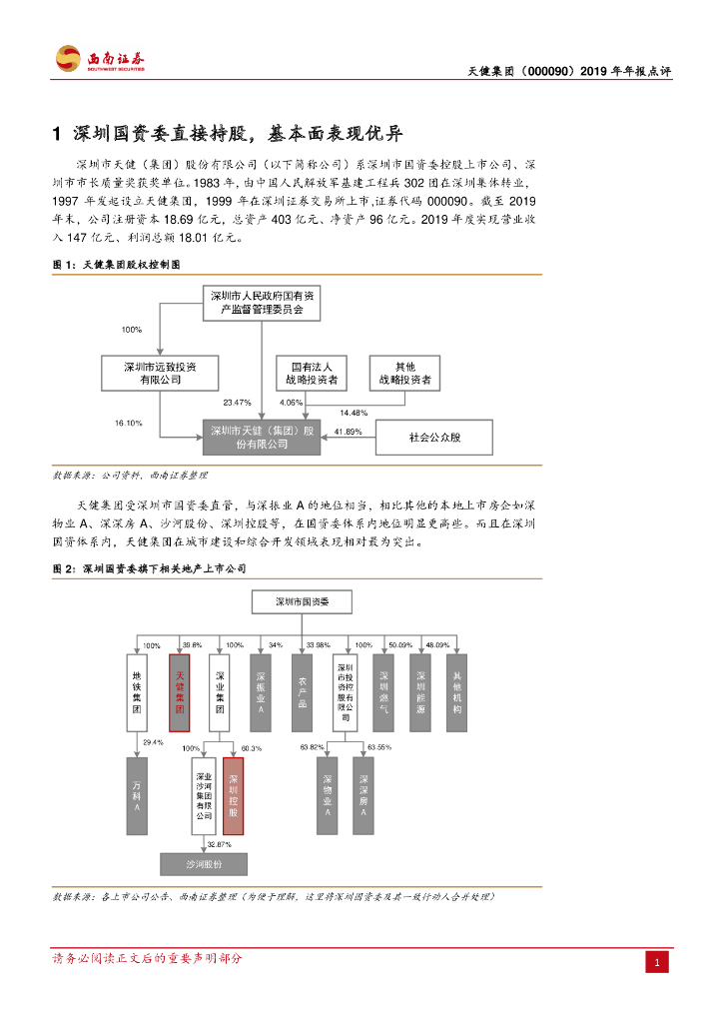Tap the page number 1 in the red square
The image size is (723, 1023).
click(657, 962)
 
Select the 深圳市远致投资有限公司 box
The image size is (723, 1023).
click(160, 373)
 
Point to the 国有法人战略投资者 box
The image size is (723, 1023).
click(313, 373)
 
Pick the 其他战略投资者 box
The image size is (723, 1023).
click(404, 373)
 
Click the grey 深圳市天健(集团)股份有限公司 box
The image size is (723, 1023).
click(262, 437)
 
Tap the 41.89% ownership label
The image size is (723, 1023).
click(349, 432)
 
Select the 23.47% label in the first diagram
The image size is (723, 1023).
click(237, 402)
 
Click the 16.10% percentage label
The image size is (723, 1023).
click(129, 424)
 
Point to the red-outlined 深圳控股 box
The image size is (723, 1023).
click(233, 795)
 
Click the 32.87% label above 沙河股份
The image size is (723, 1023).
click(219, 845)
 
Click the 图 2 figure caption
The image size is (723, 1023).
click(149, 568)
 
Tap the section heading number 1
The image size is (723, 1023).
click(57, 134)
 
